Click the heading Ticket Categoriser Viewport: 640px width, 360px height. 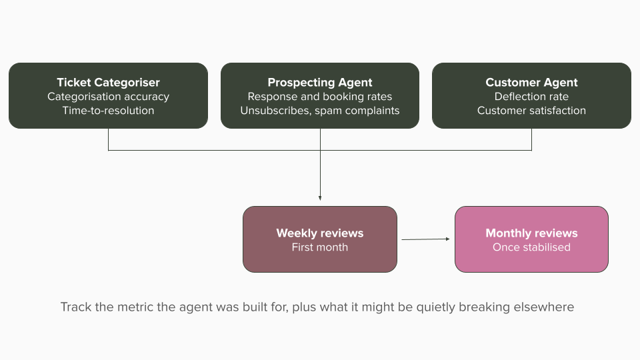click(108, 83)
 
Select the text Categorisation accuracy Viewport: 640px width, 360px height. click(108, 97)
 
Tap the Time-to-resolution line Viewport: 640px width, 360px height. click(108, 111)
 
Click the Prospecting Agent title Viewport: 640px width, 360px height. click(320, 83)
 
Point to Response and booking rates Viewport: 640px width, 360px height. click(320, 97)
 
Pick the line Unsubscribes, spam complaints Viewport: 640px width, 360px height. click(320, 111)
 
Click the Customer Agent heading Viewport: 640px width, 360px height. click(531, 83)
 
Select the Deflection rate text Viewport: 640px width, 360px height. click(531, 97)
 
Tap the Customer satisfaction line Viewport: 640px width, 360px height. click(531, 111)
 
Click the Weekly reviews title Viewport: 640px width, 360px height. click(320, 233)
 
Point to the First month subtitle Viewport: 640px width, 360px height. click(320, 247)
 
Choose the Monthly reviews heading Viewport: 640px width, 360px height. click(531, 233)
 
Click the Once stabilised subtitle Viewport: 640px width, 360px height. click(531, 247)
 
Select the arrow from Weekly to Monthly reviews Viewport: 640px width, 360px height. click(426, 239)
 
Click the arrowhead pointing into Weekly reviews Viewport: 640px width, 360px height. click(320, 199)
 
